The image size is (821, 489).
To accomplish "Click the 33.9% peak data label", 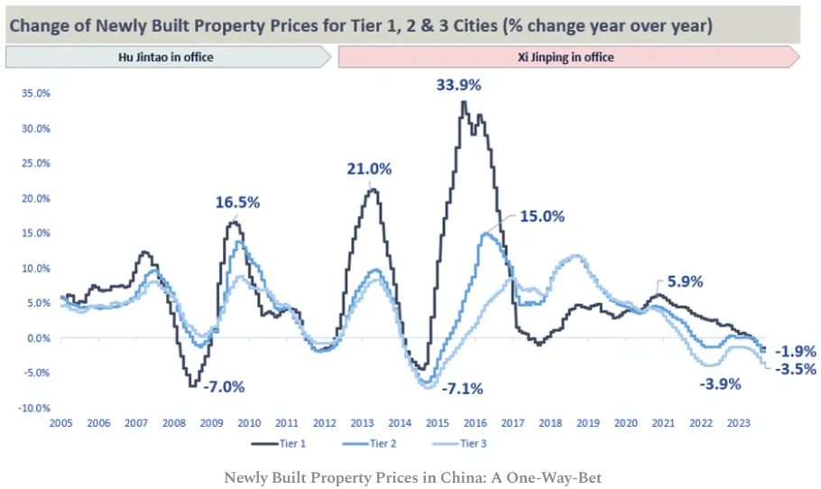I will (x=459, y=86).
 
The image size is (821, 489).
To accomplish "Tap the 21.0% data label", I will (x=370, y=169).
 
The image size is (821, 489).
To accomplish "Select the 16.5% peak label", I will (x=237, y=202).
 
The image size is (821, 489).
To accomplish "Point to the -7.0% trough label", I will (x=223, y=387).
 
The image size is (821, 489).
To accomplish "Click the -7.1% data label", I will (x=463, y=389).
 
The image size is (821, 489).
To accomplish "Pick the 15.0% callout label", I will (x=542, y=217).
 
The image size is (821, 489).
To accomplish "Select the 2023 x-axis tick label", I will (x=738, y=423).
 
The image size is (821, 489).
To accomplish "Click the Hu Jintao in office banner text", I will (x=166, y=57).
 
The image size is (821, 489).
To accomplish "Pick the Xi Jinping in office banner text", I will (x=567, y=57).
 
